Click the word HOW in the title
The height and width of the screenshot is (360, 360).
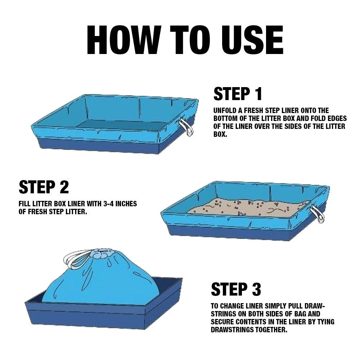point(123,40)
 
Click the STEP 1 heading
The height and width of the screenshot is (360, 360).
point(238,94)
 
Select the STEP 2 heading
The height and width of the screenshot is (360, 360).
point(44,187)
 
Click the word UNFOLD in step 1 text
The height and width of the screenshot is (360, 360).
point(225,111)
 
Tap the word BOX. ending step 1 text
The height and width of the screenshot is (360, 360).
point(220,134)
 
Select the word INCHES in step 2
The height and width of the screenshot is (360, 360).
point(126,204)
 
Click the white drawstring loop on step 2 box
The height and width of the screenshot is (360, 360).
point(318,214)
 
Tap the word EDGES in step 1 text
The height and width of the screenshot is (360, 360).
point(336,118)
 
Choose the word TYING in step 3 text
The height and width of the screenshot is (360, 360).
point(325,322)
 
